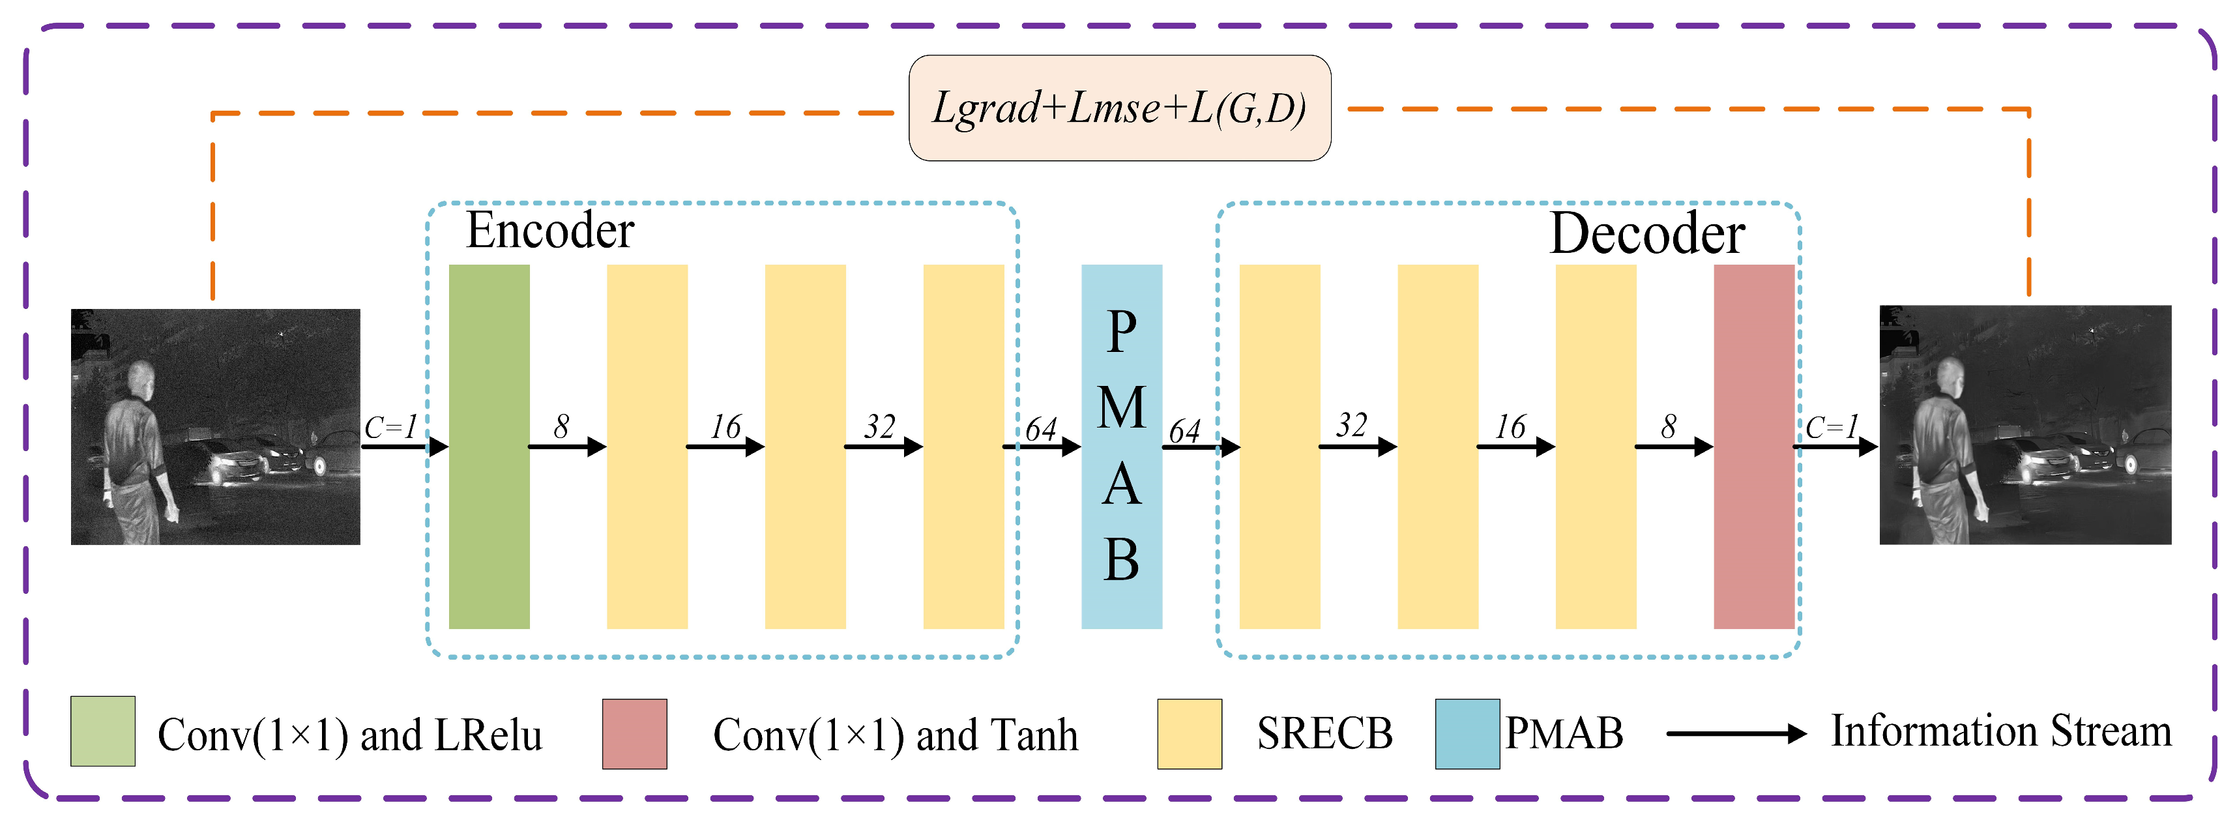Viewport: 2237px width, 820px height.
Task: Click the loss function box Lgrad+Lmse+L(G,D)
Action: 1119,108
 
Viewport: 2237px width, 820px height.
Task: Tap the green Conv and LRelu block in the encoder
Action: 489,446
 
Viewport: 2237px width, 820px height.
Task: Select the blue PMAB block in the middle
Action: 1121,446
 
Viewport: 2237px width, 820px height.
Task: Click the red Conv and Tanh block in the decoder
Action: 1753,446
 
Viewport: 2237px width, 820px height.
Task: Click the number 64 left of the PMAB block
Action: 1040,428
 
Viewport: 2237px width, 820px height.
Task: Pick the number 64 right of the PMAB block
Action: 1184,430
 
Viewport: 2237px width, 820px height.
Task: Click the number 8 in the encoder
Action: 562,426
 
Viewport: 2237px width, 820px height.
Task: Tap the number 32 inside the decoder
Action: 1351,425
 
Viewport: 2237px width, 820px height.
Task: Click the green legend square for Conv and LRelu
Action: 102,731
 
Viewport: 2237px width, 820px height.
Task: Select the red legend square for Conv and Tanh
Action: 635,734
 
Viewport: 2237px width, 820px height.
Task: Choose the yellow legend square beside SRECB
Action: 1189,734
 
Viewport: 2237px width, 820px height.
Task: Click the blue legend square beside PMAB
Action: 1467,734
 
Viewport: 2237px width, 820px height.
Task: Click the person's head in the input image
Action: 141,379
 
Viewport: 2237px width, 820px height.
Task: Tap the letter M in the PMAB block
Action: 1121,407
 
